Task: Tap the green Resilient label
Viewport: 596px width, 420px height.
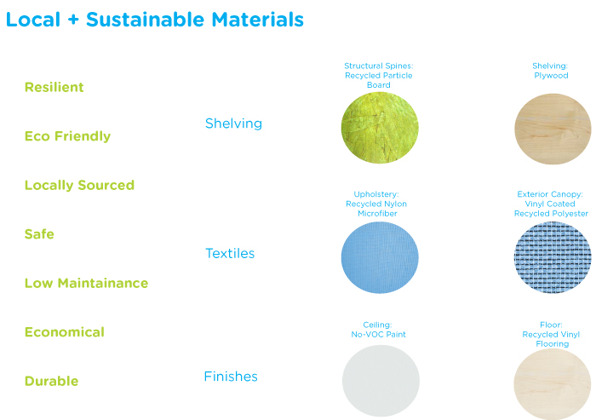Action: tap(54, 87)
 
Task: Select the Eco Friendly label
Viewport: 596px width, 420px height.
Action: tap(67, 136)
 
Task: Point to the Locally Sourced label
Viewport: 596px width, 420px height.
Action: tap(79, 185)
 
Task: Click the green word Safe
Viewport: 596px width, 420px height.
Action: tap(39, 234)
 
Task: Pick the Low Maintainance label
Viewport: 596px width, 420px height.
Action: tap(86, 283)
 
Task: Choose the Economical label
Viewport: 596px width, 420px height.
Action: tap(64, 332)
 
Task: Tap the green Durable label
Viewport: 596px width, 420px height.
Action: tap(51, 381)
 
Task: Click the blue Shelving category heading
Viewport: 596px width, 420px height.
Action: tap(233, 124)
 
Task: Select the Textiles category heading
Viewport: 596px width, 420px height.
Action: tap(230, 253)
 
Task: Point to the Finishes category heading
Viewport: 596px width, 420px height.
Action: tap(231, 377)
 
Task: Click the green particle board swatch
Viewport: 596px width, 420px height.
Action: tap(380, 128)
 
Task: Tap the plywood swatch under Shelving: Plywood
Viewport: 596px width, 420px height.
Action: tap(553, 129)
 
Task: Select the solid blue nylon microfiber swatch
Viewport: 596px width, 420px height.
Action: tap(380, 257)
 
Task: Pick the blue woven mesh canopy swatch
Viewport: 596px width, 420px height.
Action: tap(553, 257)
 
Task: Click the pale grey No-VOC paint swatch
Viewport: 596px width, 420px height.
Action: tap(381, 381)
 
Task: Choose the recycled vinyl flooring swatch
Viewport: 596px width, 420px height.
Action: tap(553, 384)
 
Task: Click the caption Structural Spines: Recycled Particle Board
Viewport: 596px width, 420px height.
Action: tap(379, 75)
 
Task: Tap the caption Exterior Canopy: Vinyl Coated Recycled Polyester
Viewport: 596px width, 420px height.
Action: tap(551, 204)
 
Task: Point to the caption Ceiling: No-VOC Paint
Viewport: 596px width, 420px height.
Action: tap(378, 330)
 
